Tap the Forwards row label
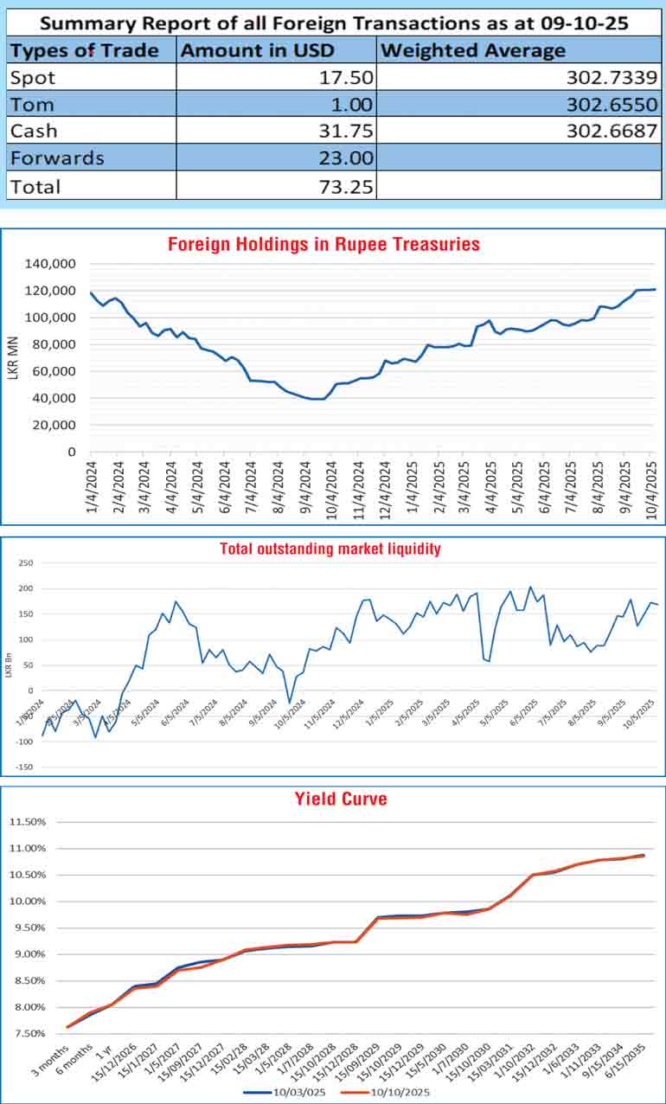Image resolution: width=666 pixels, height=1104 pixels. click(57, 158)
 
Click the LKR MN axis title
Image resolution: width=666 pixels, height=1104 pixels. click(16, 356)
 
